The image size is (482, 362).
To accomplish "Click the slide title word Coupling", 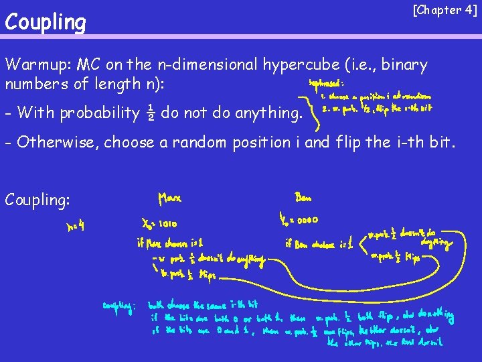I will (46, 23).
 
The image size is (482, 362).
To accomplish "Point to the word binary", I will (404, 65).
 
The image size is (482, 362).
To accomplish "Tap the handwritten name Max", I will (170, 199).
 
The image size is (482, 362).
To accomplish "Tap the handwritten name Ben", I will (303, 198).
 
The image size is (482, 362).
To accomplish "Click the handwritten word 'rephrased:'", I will (326, 84).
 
